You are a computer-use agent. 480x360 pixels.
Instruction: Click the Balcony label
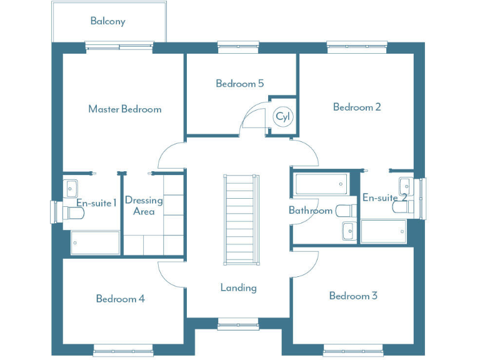(107, 21)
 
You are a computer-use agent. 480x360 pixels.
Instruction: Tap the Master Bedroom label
(124, 109)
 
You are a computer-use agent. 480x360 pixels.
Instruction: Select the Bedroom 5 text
(239, 84)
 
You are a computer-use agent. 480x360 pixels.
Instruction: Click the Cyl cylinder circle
(283, 117)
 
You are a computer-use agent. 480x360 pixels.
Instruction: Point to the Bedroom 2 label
(357, 107)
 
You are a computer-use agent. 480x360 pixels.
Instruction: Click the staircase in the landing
(240, 219)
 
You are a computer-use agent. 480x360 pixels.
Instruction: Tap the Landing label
(238, 288)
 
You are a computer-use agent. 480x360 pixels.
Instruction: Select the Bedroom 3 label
(353, 296)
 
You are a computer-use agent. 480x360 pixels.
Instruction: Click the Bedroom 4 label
(120, 299)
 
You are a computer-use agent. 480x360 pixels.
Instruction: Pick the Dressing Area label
(144, 206)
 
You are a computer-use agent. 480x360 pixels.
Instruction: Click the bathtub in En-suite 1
(95, 242)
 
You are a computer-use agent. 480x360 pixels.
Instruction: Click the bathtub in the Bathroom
(321, 184)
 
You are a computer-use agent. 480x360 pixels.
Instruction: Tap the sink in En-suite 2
(406, 186)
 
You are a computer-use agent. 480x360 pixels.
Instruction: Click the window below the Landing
(238, 323)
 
